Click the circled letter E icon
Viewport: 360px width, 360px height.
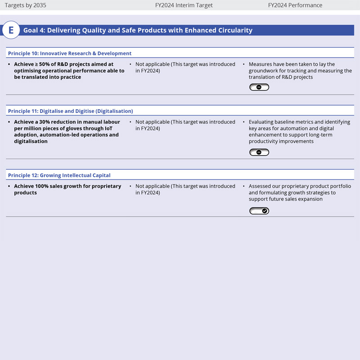pos(11,31)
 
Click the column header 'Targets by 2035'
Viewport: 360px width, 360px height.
pos(25,5)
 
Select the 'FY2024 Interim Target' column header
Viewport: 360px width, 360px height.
pos(183,5)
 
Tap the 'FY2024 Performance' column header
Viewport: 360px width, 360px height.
pos(295,5)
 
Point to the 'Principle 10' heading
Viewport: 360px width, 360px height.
pos(70,54)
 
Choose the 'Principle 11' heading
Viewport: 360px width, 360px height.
pos(70,111)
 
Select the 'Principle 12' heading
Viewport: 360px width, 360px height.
pos(59,175)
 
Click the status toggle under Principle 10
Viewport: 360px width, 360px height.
pos(259,87)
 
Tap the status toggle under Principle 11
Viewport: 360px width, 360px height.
pos(259,153)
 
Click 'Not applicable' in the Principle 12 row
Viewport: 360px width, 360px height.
pos(152,186)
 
